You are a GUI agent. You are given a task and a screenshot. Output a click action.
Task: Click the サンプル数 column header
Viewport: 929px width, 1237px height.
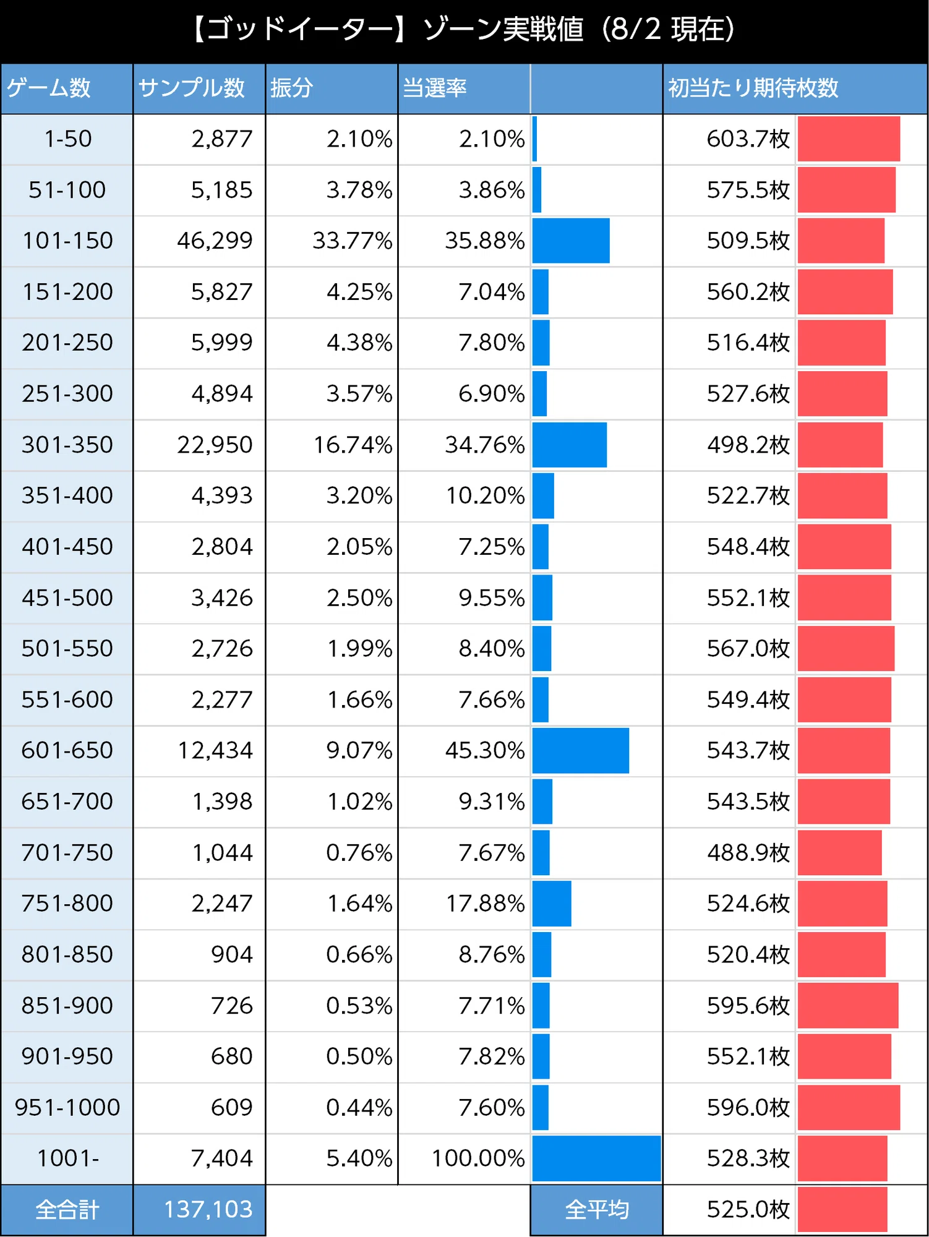pyautogui.click(x=192, y=88)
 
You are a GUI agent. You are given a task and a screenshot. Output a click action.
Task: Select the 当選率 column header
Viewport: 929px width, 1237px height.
pyautogui.click(x=435, y=88)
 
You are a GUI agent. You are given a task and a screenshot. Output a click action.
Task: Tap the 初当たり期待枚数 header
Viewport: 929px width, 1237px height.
pyautogui.click(x=753, y=88)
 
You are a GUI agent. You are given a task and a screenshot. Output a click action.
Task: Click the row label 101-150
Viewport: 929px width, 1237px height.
pyautogui.click(x=67, y=241)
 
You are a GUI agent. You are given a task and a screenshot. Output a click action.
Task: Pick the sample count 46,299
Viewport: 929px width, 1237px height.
pyautogui.click(x=215, y=241)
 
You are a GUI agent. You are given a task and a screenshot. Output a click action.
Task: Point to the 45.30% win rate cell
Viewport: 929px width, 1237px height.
pyautogui.click(x=485, y=750)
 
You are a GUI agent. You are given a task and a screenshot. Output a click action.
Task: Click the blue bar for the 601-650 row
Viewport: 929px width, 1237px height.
pyautogui.click(x=581, y=750)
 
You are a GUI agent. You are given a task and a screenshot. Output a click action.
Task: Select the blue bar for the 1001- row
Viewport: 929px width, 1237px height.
pyautogui.click(x=597, y=1158)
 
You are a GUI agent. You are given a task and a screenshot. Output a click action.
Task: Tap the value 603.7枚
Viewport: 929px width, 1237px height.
pyautogui.click(x=748, y=139)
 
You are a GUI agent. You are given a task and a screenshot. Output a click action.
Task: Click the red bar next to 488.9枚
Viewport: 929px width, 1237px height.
pyautogui.click(x=839, y=852)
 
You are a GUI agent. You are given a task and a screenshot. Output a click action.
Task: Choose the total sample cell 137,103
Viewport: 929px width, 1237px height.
pyautogui.click(x=208, y=1209)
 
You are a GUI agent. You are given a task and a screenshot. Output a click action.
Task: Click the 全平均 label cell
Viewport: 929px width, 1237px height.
pyautogui.click(x=597, y=1210)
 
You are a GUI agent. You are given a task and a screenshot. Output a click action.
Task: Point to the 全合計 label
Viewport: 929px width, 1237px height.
pyautogui.click(x=67, y=1210)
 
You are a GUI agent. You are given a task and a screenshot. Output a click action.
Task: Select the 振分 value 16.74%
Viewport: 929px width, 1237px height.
pyautogui.click(x=353, y=445)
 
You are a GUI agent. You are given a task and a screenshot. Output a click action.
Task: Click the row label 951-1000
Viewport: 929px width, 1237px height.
pyautogui.click(x=67, y=1107)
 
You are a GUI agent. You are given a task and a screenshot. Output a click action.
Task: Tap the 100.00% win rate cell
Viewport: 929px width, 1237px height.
pyautogui.click(x=478, y=1158)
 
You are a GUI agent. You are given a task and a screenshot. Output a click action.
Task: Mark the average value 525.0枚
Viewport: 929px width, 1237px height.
pyautogui.click(x=748, y=1209)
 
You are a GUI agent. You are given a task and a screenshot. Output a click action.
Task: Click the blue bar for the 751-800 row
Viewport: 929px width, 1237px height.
pyautogui.click(x=552, y=904)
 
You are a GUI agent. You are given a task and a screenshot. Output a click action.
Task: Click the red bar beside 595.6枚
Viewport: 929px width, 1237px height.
pyautogui.click(x=848, y=1006)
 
